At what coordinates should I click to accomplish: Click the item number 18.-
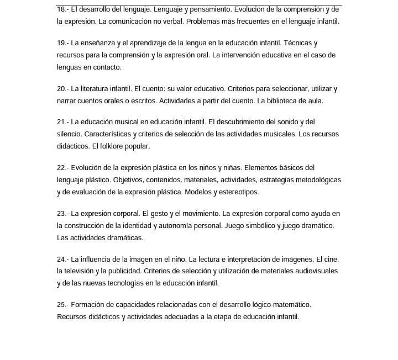point(62,9)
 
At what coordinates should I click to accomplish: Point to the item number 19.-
point(62,43)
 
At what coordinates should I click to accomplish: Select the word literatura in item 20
point(96,88)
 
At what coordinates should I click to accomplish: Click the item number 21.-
point(62,121)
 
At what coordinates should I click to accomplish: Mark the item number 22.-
point(62,167)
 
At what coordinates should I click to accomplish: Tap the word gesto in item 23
point(163,213)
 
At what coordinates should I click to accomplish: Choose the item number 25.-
point(62,304)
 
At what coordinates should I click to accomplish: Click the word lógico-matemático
point(280,304)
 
